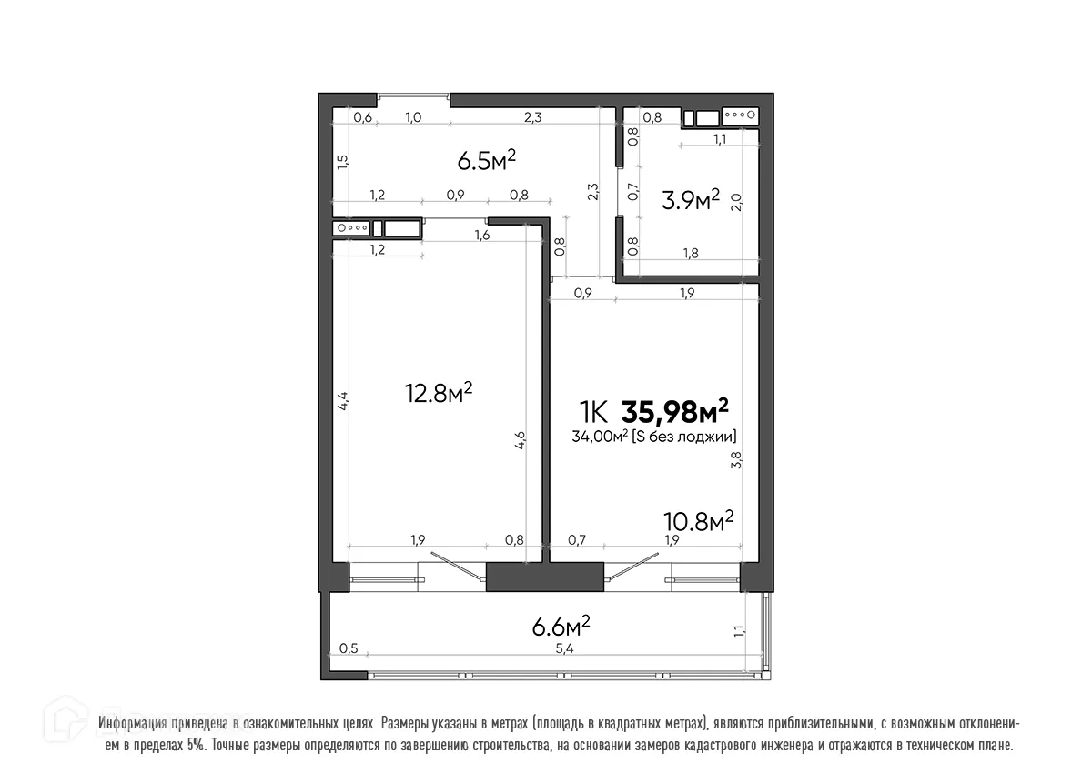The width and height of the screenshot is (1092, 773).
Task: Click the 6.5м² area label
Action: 486,161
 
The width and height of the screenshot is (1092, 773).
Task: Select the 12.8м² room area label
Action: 438,393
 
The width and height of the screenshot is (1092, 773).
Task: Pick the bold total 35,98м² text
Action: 674,412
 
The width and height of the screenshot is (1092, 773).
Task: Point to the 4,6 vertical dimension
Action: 520,440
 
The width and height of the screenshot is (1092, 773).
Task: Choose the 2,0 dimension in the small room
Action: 737,201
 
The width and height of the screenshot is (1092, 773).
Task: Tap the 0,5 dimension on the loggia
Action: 349,648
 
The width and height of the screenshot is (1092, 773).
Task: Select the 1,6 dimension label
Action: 482,236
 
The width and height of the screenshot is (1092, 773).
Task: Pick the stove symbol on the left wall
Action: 351,228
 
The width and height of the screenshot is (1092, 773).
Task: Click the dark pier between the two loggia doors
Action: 544,577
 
